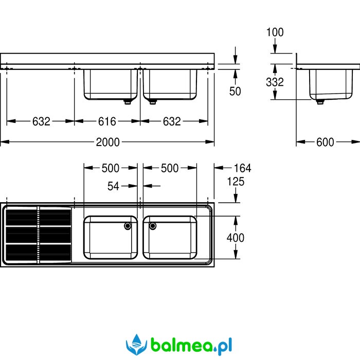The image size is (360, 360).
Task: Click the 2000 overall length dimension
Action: (x=107, y=142)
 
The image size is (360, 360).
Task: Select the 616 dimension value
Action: (x=107, y=121)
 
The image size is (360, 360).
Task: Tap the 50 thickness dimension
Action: (x=235, y=92)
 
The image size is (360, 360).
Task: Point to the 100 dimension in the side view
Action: (x=275, y=32)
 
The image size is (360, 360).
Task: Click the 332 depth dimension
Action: (x=275, y=82)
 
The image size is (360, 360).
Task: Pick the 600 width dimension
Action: (x=325, y=142)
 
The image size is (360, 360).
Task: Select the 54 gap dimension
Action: (x=114, y=186)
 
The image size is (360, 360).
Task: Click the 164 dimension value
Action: (x=242, y=168)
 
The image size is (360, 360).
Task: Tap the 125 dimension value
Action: (x=236, y=182)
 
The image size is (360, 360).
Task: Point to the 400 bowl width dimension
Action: (x=236, y=238)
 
